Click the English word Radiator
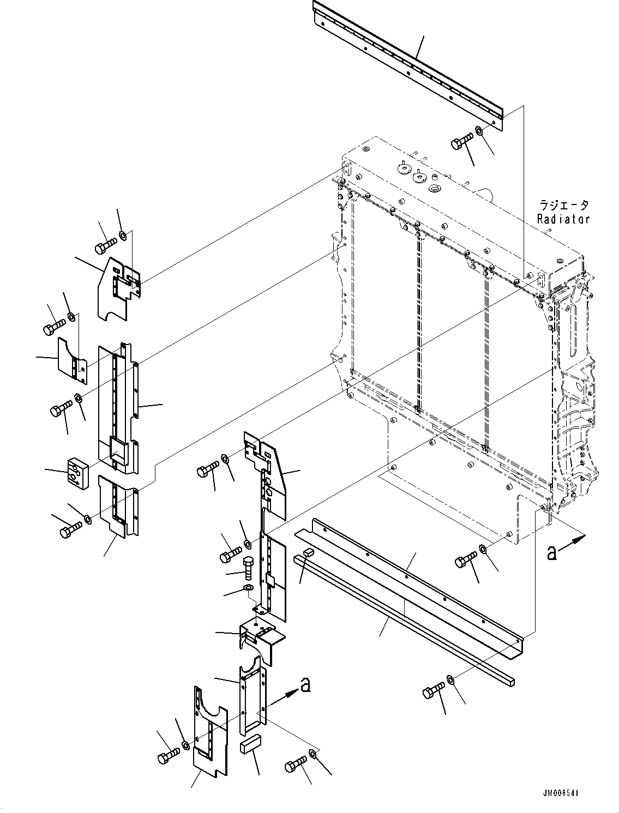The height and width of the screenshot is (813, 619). click(x=563, y=219)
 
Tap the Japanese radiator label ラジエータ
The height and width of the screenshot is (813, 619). click(x=564, y=206)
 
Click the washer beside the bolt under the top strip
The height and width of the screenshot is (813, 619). click(x=478, y=131)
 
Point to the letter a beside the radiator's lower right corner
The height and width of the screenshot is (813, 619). click(x=552, y=553)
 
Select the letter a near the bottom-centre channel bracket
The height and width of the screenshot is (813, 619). click(x=306, y=684)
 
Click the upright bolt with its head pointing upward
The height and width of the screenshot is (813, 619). click(x=246, y=569)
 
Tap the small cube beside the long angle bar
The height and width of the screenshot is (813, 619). click(x=308, y=553)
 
